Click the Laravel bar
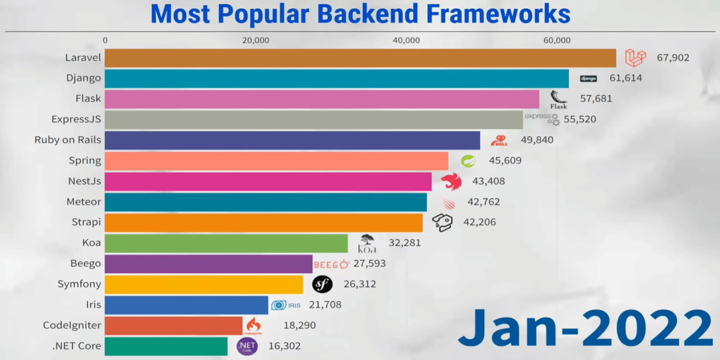click(x=360, y=58)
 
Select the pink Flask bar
click(x=322, y=99)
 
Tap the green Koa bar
click(x=226, y=243)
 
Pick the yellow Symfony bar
click(x=204, y=284)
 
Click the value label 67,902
click(x=673, y=58)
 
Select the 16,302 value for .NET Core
click(x=284, y=346)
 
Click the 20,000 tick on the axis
click(x=256, y=40)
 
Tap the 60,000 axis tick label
click(x=557, y=40)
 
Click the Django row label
click(x=83, y=78)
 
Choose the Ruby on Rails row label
click(x=68, y=140)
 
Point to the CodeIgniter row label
click(x=72, y=325)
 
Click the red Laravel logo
click(x=635, y=58)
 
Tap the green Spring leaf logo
click(x=468, y=161)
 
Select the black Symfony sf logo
click(x=322, y=284)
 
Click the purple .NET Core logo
click(x=247, y=346)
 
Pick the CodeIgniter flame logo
click(x=253, y=325)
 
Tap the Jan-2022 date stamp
click(x=584, y=328)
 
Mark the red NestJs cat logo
click(x=451, y=181)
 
